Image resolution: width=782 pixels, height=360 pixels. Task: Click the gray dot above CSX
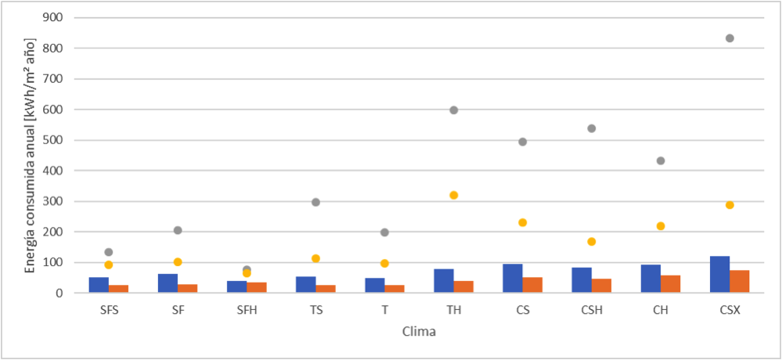730,38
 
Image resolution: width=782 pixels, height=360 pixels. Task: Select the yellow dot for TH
454,196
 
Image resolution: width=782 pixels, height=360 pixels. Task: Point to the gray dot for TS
315,202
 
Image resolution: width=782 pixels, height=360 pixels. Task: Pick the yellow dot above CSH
592,242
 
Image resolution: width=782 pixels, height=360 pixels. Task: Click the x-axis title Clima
419,332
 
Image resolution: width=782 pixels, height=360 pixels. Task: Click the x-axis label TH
453,309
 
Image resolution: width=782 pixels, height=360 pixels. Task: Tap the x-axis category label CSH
592,309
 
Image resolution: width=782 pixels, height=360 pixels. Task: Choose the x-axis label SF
178,309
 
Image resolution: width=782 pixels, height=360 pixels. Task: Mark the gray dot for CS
523,142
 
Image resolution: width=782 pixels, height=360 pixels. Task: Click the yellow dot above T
384,264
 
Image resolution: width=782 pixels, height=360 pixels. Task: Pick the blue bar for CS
513,279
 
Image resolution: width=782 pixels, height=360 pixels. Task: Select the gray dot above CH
661,161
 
